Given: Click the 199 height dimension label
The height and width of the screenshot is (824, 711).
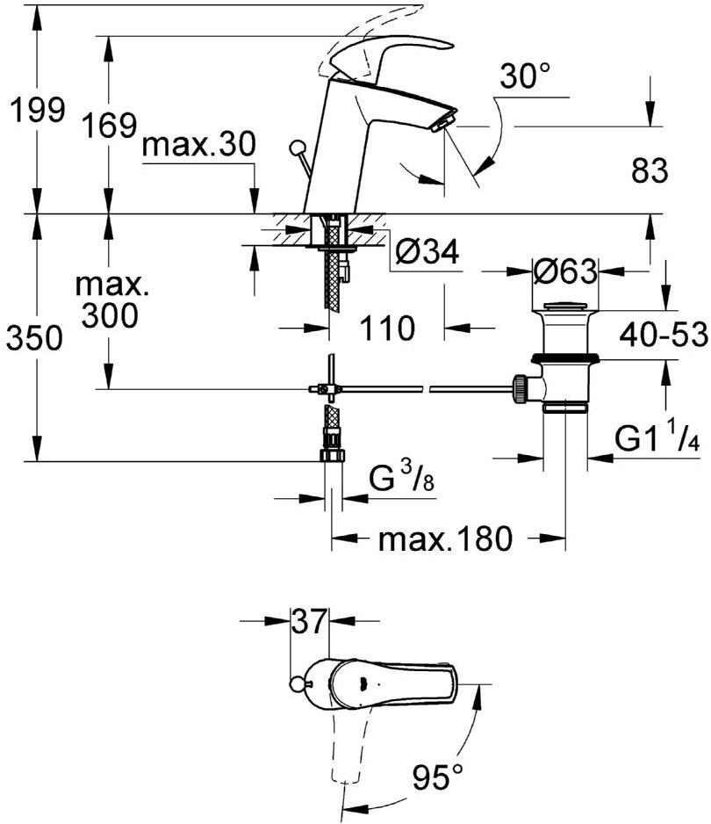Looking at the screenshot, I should [34, 111].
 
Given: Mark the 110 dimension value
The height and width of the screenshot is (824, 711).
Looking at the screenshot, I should [385, 329].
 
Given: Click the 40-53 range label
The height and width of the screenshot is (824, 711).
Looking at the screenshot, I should [663, 335].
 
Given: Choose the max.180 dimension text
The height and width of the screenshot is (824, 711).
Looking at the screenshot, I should [444, 538].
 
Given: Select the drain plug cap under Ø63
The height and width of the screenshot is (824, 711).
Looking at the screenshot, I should [564, 307].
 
